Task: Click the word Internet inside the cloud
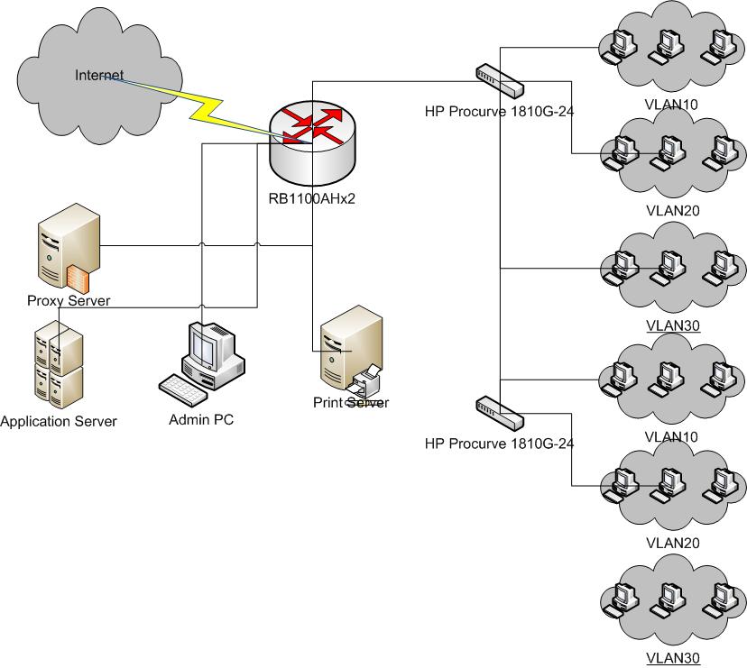[98, 75]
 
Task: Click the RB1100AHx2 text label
[312, 199]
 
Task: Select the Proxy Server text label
[69, 300]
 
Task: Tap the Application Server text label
[59, 421]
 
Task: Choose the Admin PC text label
[201, 420]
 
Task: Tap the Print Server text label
[351, 403]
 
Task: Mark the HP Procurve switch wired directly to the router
[499, 81]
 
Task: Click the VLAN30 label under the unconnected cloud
[672, 658]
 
